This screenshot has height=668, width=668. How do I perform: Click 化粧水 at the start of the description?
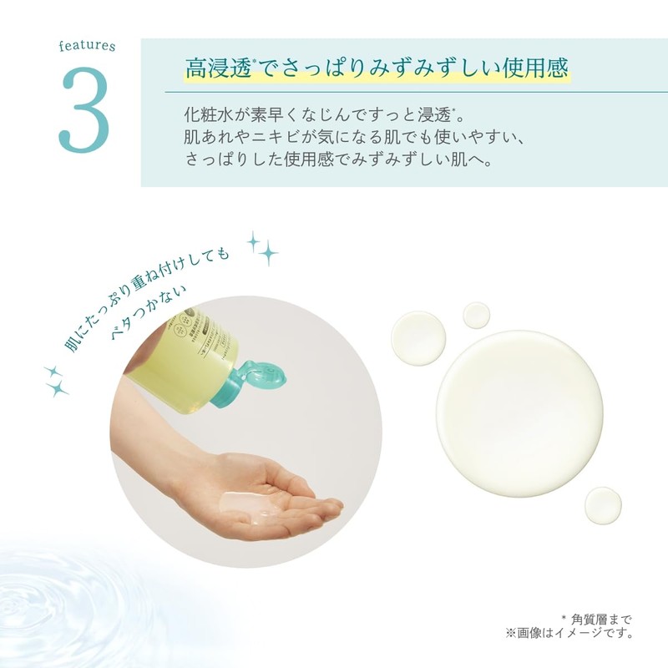pos(206,114)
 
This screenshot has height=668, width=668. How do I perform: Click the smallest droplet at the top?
pos(476,315)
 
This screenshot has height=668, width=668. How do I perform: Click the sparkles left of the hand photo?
pos(56,380)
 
